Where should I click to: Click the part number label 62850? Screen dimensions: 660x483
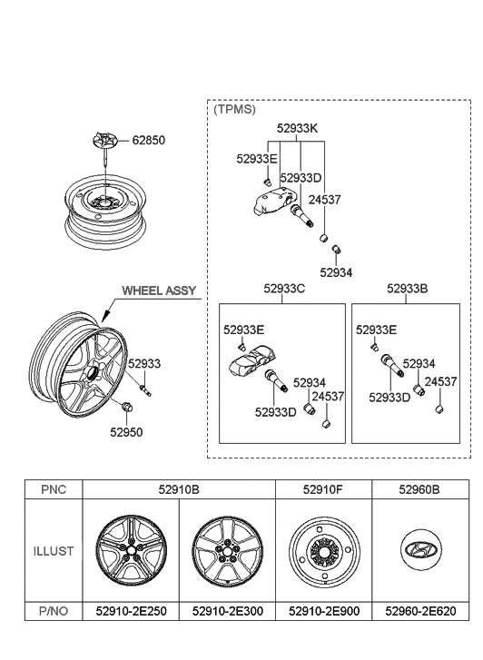click(149, 141)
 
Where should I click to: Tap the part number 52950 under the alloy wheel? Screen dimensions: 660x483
click(126, 432)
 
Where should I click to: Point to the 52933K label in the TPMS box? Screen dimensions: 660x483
click(298, 129)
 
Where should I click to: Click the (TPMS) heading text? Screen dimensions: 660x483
click(234, 109)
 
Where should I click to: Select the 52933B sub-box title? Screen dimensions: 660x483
click(408, 290)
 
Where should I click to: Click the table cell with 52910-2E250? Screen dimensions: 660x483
click(131, 612)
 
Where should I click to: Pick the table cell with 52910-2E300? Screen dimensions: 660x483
click(227, 612)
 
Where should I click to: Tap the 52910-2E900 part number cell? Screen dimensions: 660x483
click(323, 612)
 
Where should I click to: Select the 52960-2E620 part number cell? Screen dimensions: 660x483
click(420, 612)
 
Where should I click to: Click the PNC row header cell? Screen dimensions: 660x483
click(54, 489)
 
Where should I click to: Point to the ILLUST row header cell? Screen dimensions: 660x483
click(54, 550)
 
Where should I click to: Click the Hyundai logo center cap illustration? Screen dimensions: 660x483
click(420, 551)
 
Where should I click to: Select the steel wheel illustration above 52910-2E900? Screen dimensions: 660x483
click(323, 551)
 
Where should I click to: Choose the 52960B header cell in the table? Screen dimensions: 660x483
click(420, 489)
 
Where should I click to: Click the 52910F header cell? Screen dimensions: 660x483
click(323, 489)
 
